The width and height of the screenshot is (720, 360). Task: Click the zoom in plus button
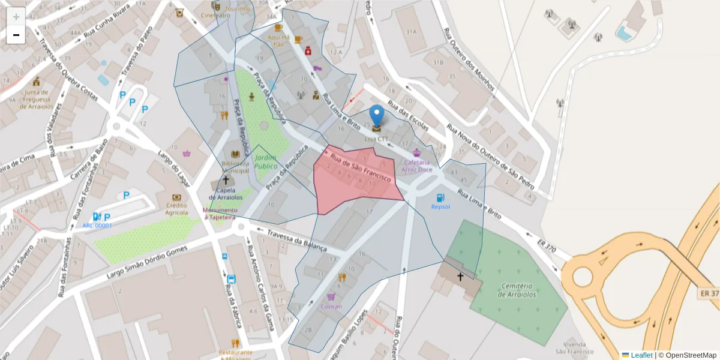click(x=16, y=17)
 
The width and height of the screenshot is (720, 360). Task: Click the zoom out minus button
click(x=16, y=35)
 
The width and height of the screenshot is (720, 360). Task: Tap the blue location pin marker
click(x=376, y=116)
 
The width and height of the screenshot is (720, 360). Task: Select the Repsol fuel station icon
click(x=440, y=197)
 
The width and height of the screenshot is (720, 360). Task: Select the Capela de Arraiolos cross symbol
click(x=226, y=179)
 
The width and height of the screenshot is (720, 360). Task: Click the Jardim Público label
click(x=265, y=161)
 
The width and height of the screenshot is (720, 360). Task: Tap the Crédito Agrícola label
click(x=176, y=209)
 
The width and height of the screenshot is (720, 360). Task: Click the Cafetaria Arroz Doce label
click(x=417, y=166)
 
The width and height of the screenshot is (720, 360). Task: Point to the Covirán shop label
click(x=331, y=306)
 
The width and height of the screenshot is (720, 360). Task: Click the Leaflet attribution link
click(x=641, y=355)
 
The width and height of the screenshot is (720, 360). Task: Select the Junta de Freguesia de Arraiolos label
click(x=37, y=100)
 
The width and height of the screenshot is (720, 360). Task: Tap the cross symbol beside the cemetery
click(x=461, y=277)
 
